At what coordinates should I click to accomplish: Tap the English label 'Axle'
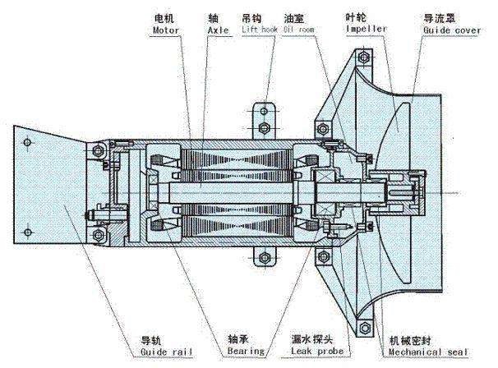coord(217,30)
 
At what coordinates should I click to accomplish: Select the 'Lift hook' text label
coord(261,29)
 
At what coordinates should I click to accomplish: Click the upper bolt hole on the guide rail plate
coord(30,145)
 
